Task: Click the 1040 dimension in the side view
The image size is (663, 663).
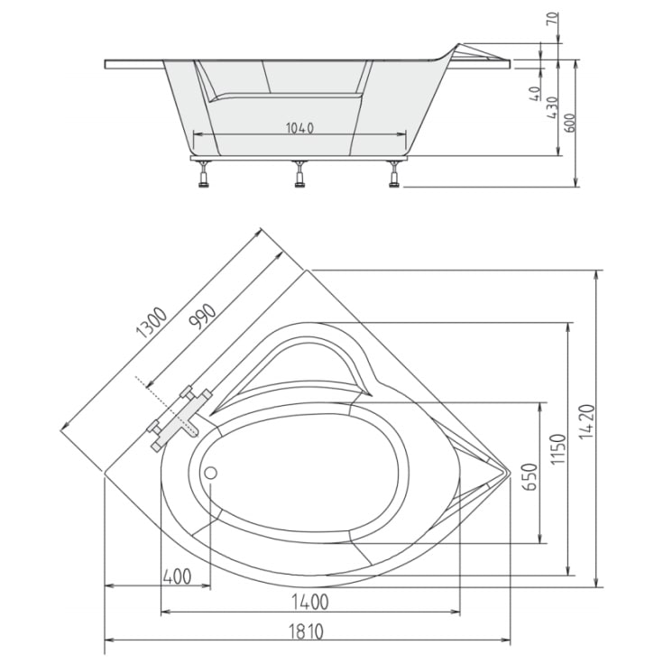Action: (x=299, y=127)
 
